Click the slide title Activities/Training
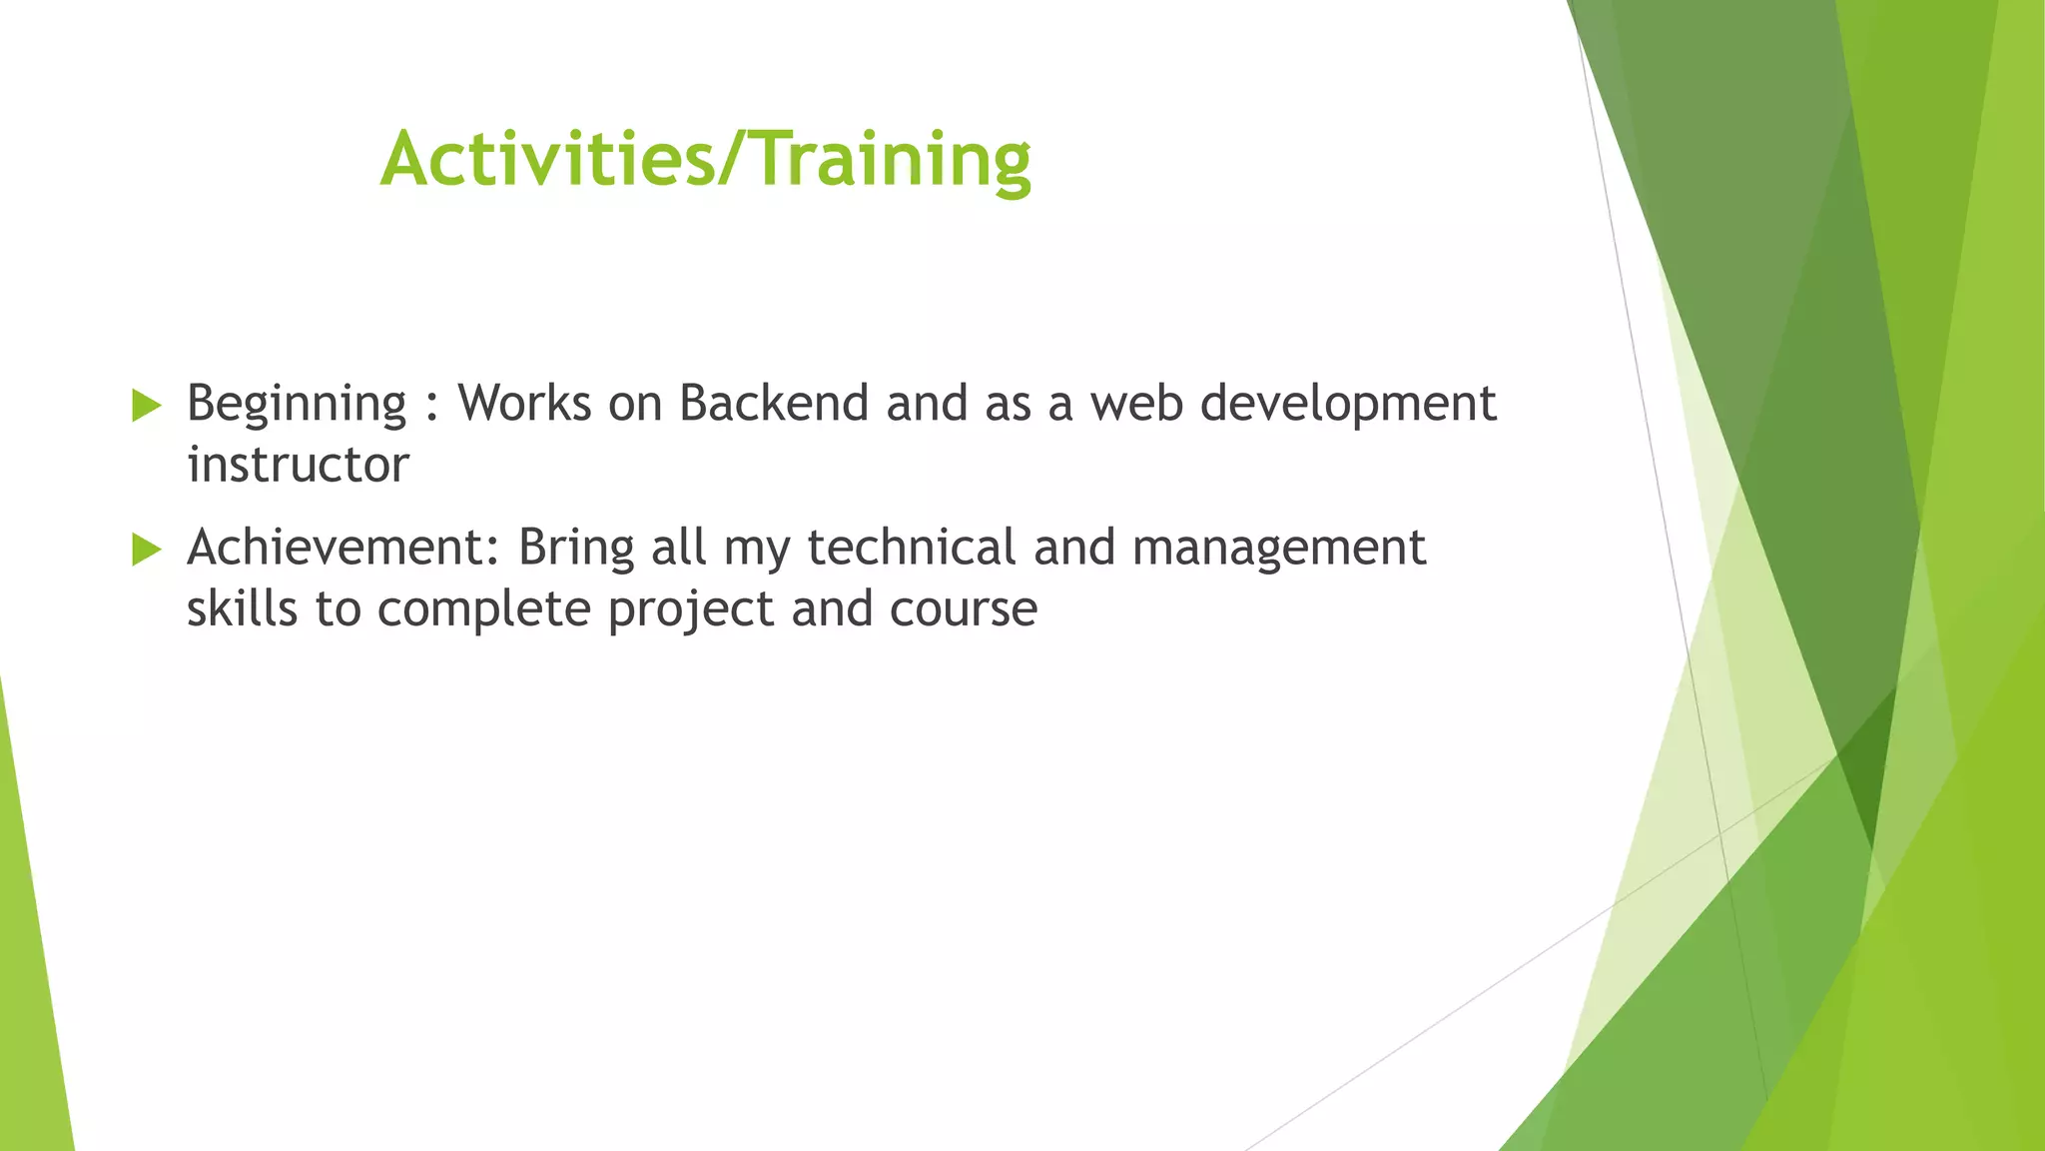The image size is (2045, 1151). point(705,159)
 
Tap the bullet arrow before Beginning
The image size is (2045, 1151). point(146,406)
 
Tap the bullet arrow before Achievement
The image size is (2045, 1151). point(146,550)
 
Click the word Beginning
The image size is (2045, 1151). point(297,405)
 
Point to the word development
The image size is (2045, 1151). point(1347,405)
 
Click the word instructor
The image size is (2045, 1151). point(298,465)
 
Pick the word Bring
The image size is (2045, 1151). point(576,549)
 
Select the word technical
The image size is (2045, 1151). point(911,548)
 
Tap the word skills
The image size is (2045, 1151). point(242,608)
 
